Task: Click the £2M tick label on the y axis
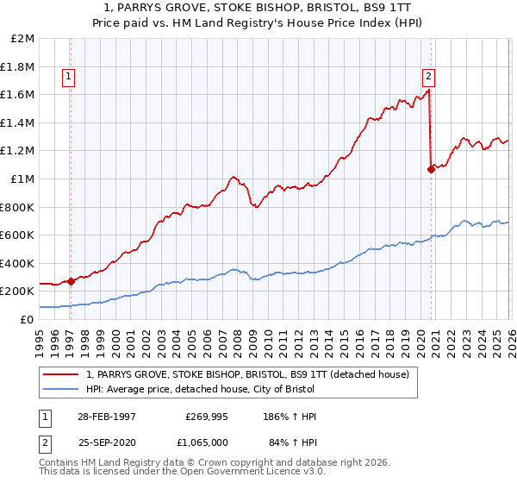pyautogui.click(x=23, y=39)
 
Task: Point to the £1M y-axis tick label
pyautogui.click(x=23, y=179)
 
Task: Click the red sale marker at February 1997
pyautogui.click(x=71, y=281)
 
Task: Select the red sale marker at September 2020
pyautogui.click(x=431, y=170)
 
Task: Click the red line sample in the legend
pyautogui.click(x=61, y=373)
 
